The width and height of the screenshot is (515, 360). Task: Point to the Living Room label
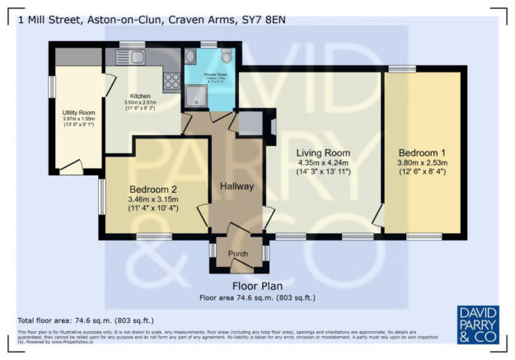coord(324,153)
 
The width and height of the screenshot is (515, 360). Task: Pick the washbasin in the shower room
coord(191,58)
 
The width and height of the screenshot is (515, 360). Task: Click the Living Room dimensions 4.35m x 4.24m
coord(324,163)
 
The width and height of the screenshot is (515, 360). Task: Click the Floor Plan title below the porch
coord(257,286)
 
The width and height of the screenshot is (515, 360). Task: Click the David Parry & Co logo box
coord(477,323)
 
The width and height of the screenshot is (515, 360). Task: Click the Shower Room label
coord(209,75)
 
